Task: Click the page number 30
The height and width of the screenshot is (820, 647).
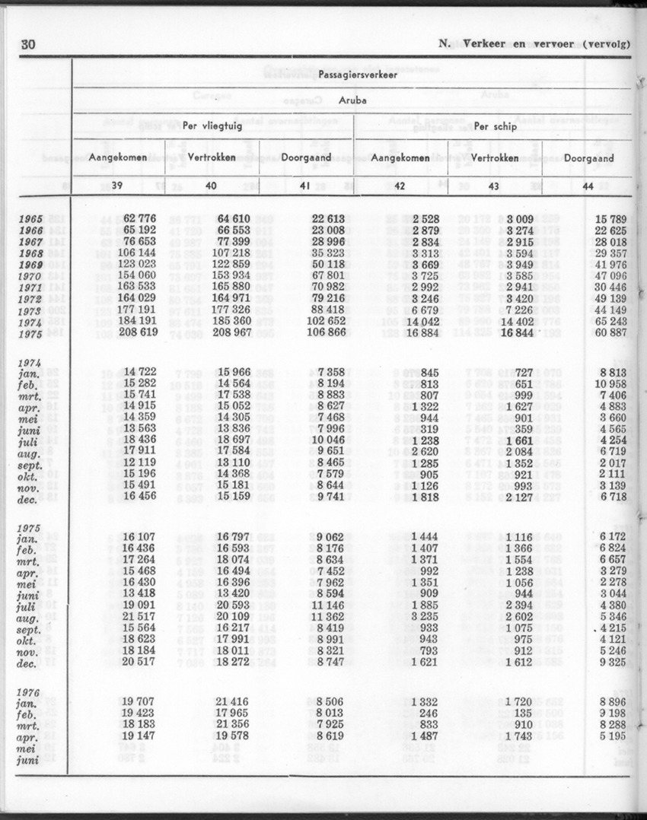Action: [27, 44]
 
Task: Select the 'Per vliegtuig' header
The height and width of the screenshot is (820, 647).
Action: [213, 126]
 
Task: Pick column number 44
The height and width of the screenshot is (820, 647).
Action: [587, 186]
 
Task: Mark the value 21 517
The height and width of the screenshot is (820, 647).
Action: [139, 616]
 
